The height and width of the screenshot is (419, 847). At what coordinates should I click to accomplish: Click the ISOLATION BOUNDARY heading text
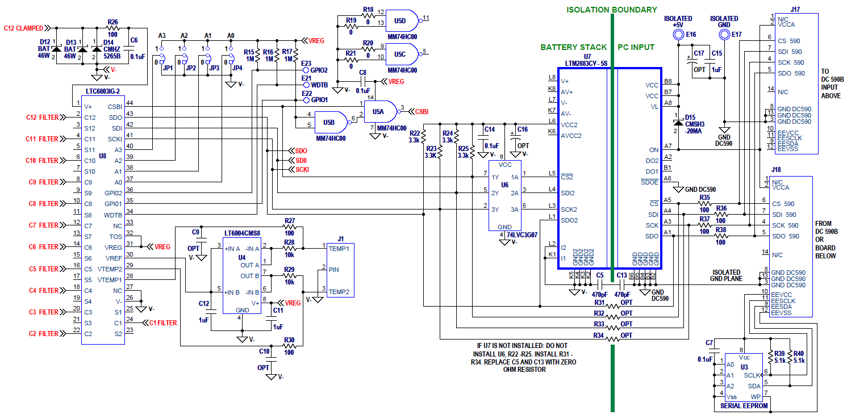click(x=611, y=10)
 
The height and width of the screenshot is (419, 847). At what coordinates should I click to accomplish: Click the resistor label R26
click(x=112, y=22)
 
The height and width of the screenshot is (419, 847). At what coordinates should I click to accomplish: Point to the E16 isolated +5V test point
click(x=677, y=35)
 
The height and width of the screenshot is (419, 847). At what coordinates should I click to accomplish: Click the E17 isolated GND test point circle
click(x=724, y=35)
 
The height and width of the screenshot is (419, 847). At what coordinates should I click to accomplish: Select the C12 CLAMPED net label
click(x=23, y=27)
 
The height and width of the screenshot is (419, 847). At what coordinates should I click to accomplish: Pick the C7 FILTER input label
click(x=43, y=225)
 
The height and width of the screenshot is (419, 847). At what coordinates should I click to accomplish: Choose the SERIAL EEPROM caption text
click(x=744, y=405)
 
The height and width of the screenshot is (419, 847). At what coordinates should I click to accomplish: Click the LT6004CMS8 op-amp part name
click(x=242, y=233)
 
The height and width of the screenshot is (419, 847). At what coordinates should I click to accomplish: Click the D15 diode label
click(x=690, y=118)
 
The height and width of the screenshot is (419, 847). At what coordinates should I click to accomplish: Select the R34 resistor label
click(x=599, y=336)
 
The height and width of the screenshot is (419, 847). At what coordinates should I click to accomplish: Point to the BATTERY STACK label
click(x=573, y=47)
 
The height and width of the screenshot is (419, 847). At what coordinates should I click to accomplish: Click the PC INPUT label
click(x=636, y=47)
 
